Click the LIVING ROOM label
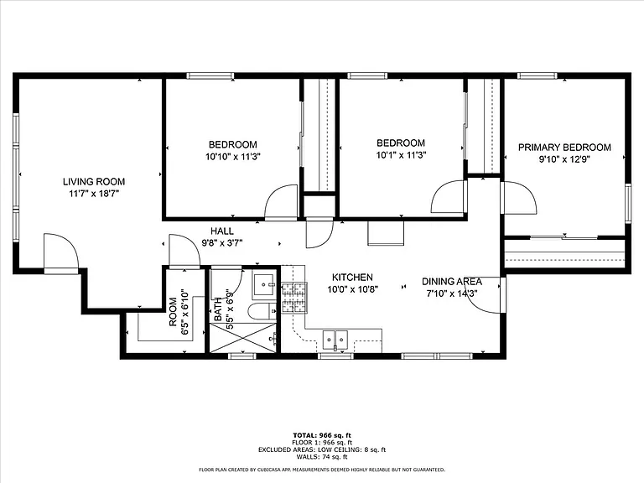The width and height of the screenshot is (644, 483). click(x=94, y=181)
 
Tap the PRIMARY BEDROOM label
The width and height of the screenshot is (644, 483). click(x=564, y=148)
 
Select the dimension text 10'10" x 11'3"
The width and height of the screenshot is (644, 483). click(x=233, y=157)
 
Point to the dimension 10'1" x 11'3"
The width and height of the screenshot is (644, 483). click(x=401, y=155)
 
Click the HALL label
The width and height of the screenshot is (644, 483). click(x=222, y=231)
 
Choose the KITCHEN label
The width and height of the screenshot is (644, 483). click(x=352, y=278)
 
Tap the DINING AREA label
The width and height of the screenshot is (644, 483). click(x=452, y=282)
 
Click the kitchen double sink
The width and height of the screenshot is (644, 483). click(x=335, y=340)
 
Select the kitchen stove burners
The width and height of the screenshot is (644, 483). click(x=293, y=298)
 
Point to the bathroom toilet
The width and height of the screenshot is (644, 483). click(x=262, y=312)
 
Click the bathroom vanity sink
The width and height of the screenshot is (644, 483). click(x=265, y=284)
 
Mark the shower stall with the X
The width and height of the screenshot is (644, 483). click(x=243, y=338)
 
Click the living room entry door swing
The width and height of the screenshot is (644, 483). click(x=60, y=251)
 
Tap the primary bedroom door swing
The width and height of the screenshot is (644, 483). click(x=519, y=198)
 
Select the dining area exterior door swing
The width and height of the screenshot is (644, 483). click(x=484, y=295)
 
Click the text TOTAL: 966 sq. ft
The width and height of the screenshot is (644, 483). click(x=322, y=435)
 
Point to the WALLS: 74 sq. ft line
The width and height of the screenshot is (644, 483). click(x=322, y=457)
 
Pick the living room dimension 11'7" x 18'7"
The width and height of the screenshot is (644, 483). click(x=94, y=194)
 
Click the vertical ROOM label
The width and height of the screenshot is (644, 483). click(x=173, y=312)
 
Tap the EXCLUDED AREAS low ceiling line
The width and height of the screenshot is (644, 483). click(x=322, y=449)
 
